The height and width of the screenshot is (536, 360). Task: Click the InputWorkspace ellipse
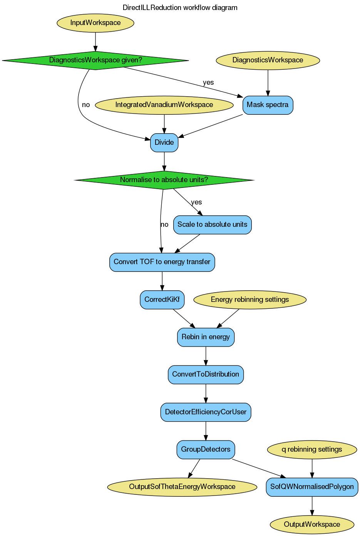[95, 23]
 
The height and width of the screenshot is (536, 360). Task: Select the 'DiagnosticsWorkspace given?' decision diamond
[95, 60]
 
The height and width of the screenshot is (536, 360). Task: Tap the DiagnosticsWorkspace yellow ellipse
[268, 60]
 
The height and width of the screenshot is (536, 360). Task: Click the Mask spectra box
[268, 105]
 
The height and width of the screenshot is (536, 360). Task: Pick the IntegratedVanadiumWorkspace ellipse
[164, 105]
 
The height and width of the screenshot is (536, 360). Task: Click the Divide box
[164, 142]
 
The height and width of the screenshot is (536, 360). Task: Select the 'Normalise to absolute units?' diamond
[164, 180]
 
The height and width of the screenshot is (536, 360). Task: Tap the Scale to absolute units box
[212, 225]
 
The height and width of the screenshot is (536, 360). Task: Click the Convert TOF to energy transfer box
[162, 262]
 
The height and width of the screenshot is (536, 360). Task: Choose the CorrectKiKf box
[162, 300]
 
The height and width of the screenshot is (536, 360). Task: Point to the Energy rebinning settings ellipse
[249, 300]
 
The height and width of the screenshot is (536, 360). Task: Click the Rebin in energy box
[206, 337]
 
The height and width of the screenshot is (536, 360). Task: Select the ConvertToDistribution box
[206, 375]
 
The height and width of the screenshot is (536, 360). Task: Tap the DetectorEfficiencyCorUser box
[206, 412]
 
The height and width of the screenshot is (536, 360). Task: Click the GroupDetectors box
[206, 450]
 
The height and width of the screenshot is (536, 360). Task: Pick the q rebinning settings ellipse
[311, 450]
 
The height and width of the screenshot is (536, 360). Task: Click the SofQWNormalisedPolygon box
[311, 487]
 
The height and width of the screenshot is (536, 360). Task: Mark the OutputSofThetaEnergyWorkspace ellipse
[182, 487]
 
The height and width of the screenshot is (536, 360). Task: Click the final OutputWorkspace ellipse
[311, 524]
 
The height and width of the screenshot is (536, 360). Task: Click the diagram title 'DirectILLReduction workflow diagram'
[180, 8]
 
